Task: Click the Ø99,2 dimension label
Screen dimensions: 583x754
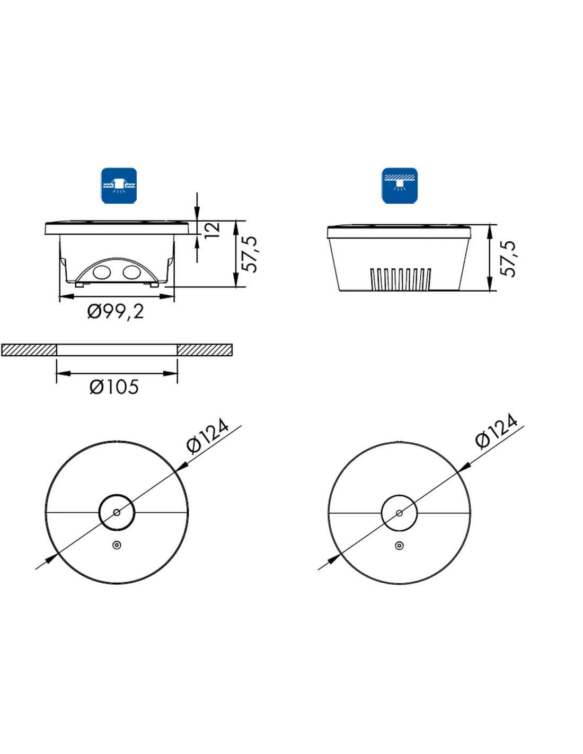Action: [x=116, y=313]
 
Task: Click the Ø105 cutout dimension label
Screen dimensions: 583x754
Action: [x=114, y=387]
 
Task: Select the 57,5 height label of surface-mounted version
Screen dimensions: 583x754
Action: [x=508, y=259]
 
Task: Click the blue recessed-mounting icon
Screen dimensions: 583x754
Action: [x=119, y=186]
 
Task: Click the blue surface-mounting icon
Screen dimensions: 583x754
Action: [x=400, y=186]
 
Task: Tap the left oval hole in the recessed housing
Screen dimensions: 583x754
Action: [x=101, y=273]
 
